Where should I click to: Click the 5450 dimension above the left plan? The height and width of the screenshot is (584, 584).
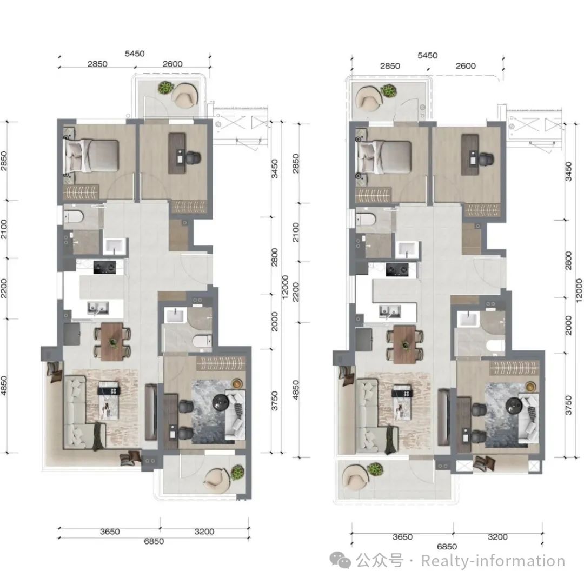(135, 54)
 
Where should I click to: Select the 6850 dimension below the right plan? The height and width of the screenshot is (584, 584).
(447, 546)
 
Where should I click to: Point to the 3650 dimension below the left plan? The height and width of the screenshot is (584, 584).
(110, 532)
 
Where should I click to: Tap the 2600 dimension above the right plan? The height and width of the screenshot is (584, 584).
(466, 66)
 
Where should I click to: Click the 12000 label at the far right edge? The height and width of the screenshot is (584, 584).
(579, 290)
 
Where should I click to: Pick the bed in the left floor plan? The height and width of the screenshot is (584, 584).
(91, 156)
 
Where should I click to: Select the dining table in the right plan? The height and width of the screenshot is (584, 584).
(405, 344)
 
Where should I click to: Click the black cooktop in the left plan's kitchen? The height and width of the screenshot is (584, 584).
(104, 268)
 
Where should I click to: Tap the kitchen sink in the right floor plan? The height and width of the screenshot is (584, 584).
(390, 311)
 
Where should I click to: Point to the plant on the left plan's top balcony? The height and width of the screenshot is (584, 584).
(165, 88)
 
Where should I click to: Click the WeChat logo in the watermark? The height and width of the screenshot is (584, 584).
(340, 561)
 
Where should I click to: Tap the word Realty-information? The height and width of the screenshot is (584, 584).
(493, 561)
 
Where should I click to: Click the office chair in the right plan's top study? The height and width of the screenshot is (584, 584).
(486, 159)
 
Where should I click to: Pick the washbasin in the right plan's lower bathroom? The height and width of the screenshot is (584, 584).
(468, 320)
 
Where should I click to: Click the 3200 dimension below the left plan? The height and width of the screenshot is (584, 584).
(204, 532)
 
